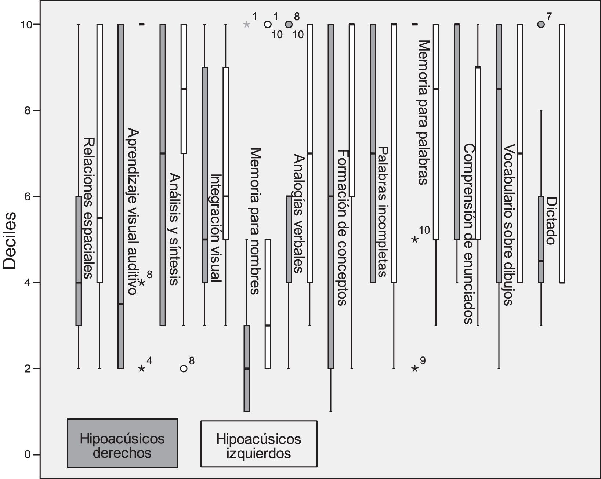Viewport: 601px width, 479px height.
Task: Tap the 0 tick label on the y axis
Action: pos(27,454)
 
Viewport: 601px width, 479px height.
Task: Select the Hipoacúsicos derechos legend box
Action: pos(122,443)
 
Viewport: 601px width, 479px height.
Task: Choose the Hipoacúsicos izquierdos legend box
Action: pos(259,444)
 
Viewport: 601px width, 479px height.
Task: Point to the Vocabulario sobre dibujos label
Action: pos(508,225)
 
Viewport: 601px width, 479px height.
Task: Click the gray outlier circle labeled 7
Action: pos(540,24)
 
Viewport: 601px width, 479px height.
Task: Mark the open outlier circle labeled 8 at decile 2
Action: pos(184,369)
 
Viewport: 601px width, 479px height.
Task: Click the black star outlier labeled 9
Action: pos(415,369)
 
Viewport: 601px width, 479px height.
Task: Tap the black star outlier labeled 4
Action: pos(142,369)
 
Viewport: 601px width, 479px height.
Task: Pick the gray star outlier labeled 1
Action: pos(247,24)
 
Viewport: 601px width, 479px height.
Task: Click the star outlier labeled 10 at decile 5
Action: pos(415,239)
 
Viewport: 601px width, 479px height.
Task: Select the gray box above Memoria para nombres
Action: pos(247,369)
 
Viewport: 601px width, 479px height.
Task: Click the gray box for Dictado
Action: pos(541,239)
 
